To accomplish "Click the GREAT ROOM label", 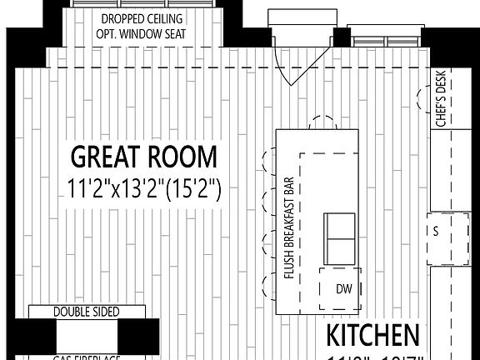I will click(143, 157).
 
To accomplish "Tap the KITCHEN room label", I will click(372, 336).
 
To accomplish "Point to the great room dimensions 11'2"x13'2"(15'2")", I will click(143, 189).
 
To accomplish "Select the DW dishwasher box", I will click(343, 289).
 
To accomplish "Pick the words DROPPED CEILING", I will click(142, 19).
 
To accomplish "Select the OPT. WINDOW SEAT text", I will click(142, 34).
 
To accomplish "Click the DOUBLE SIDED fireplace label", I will click(87, 312).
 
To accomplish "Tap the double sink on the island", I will click(339, 237).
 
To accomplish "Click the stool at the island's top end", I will click(322, 122).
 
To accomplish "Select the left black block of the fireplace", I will click(43, 337).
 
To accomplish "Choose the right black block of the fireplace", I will click(132, 337).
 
